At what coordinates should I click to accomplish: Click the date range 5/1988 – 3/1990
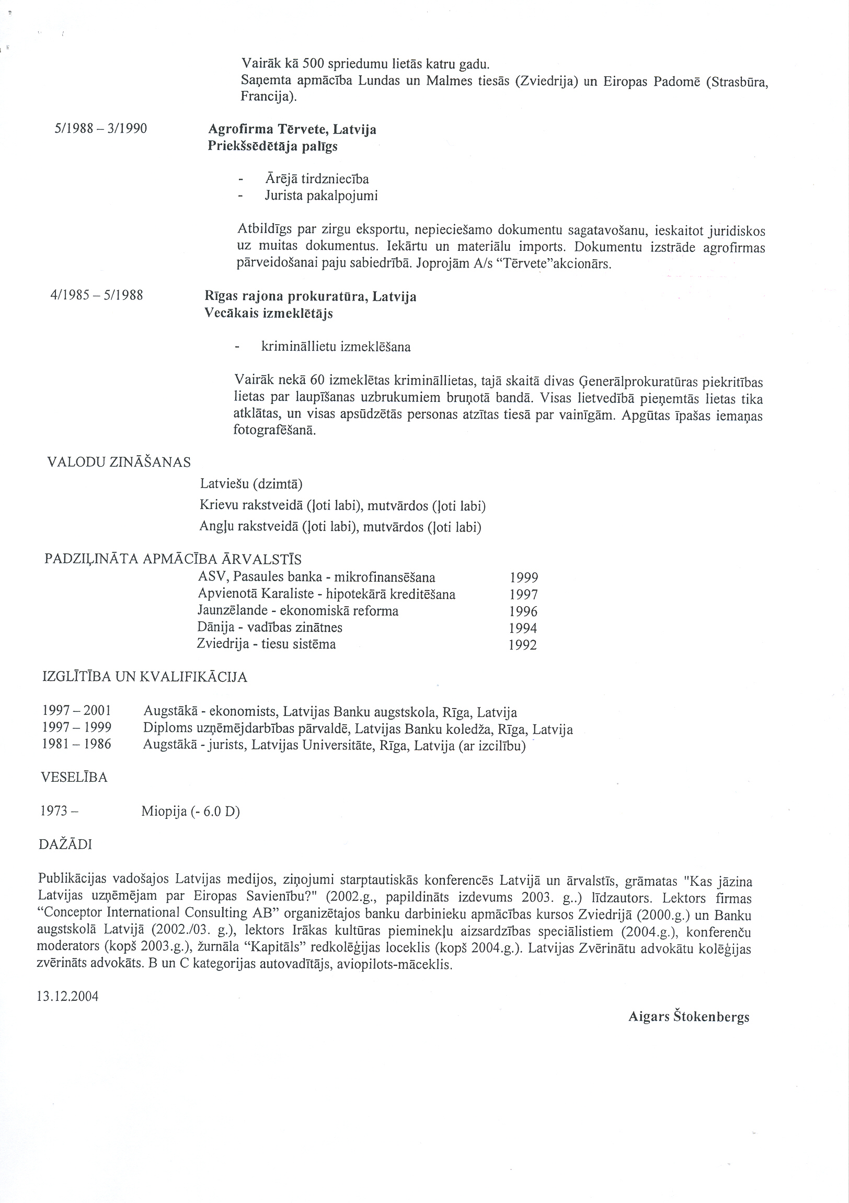100,129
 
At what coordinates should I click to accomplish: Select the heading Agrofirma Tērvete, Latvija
292,129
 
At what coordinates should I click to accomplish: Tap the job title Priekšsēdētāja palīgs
272,146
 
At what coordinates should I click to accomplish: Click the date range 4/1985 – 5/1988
96,295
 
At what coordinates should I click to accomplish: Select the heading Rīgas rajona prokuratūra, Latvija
310,296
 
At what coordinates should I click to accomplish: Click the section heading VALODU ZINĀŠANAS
119,462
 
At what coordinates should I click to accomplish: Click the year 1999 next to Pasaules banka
523,578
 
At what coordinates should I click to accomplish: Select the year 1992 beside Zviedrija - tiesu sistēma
522,645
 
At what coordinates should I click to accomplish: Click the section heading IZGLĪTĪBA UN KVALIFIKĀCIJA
145,677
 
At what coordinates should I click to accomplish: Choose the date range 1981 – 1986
76,745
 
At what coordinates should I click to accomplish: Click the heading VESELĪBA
74,778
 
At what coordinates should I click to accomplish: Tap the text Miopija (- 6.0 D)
190,812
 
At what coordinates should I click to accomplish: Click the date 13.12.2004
67,996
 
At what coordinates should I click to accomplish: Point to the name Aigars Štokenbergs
689,1017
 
